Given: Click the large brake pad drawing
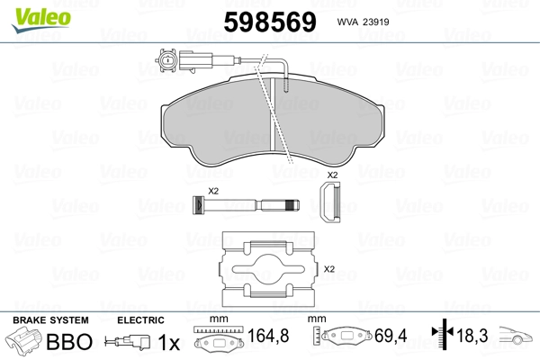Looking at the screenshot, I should point(274,122).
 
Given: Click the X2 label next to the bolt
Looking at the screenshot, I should point(213,191).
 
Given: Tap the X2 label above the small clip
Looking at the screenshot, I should point(332,174).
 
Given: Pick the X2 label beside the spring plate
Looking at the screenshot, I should point(329,268).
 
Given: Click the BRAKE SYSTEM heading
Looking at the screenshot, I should point(49,320).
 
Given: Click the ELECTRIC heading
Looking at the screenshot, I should point(141,320).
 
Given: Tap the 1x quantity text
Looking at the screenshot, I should point(169,343).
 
